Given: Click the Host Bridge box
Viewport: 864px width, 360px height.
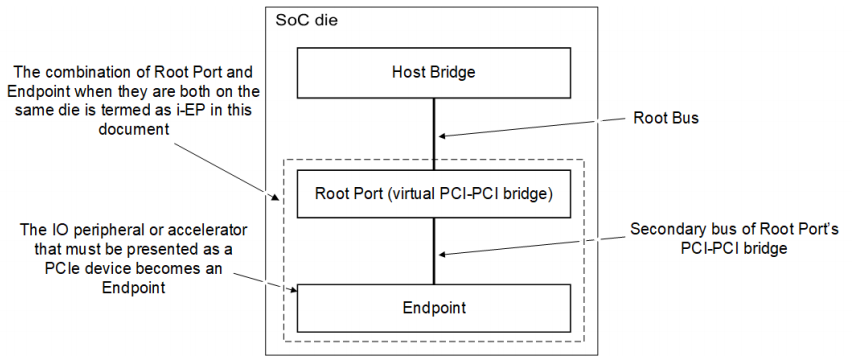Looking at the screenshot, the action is (x=434, y=72).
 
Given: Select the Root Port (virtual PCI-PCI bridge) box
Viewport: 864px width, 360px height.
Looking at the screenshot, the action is (x=434, y=194).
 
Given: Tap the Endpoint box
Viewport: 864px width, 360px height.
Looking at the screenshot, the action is (x=434, y=308).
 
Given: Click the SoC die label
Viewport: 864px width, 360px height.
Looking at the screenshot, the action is (x=306, y=21).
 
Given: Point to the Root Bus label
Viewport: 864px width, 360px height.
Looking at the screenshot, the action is (x=666, y=118).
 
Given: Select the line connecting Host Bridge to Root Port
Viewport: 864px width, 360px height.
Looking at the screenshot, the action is (x=434, y=133).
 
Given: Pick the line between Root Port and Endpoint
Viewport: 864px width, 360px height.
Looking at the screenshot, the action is (x=434, y=251).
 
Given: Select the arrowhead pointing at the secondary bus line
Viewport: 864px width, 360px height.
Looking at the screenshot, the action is (x=444, y=254).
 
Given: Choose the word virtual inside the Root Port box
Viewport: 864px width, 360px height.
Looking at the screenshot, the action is (x=399, y=194).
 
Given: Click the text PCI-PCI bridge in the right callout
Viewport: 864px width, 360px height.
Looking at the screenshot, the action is (x=733, y=248).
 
